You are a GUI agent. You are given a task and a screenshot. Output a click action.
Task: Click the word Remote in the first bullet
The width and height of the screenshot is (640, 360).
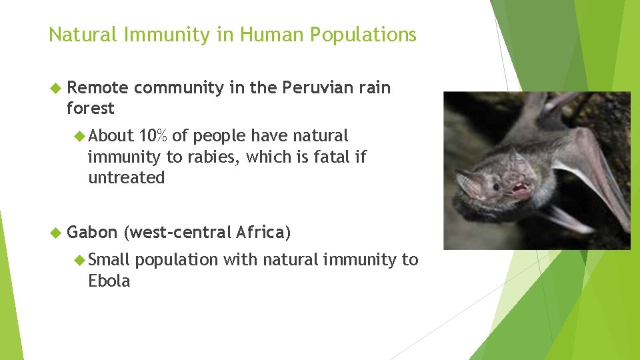click(x=98, y=87)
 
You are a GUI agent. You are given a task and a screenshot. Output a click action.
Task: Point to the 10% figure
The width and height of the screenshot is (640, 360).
click(x=153, y=136)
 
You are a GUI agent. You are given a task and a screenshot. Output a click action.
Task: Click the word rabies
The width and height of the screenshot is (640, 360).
click(x=265, y=157)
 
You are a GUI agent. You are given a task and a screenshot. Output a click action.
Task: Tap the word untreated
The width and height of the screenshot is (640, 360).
click(x=126, y=178)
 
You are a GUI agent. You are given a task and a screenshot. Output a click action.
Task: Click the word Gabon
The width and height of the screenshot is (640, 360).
click(x=93, y=232)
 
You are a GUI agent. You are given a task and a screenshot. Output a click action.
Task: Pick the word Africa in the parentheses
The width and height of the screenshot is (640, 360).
click(x=261, y=232)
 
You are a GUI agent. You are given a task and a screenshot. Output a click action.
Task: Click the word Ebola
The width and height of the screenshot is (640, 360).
click(x=109, y=281)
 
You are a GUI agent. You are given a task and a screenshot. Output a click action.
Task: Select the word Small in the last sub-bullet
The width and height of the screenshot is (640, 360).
click(x=109, y=259)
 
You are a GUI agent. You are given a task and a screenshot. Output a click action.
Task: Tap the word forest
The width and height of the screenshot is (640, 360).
click(x=91, y=108)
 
